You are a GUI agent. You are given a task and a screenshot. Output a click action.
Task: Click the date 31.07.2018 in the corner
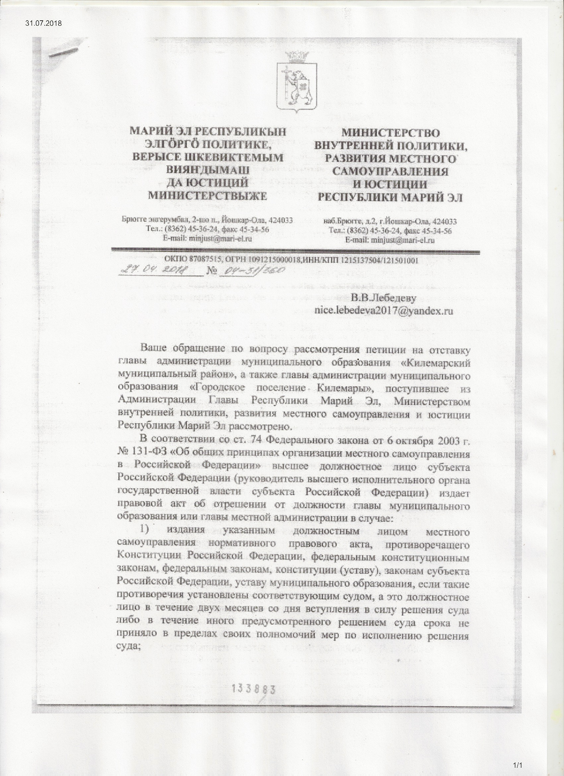tap(43, 24)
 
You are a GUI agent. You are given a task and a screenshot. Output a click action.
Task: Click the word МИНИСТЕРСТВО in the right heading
tap(391, 132)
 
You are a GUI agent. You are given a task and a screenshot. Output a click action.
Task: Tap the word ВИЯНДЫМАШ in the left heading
tap(207, 170)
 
